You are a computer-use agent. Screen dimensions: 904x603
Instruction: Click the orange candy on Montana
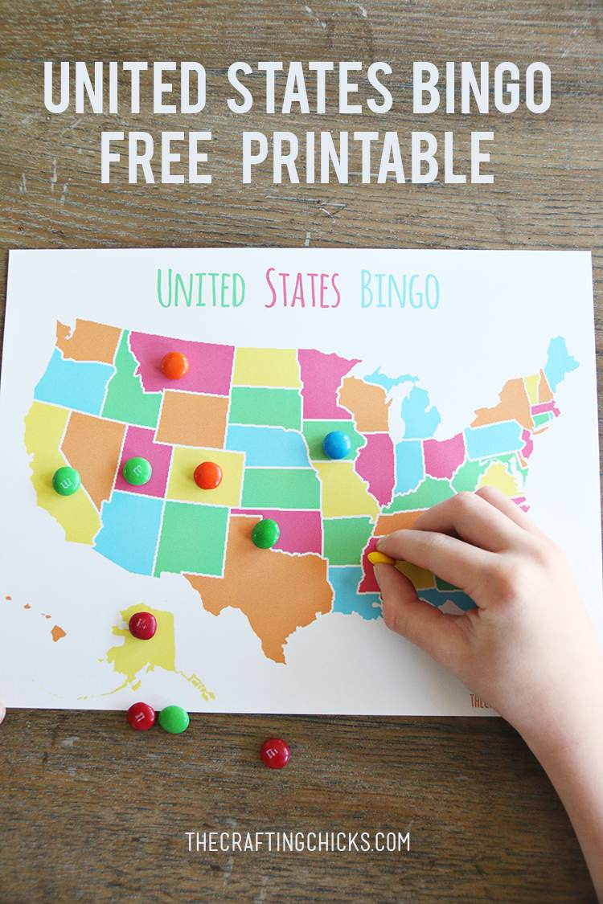[174, 366]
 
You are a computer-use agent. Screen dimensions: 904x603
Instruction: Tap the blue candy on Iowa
[336, 444]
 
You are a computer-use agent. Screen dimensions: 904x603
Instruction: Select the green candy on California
[66, 481]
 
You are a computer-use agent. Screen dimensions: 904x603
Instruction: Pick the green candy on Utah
[137, 471]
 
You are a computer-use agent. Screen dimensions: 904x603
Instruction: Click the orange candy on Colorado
[207, 475]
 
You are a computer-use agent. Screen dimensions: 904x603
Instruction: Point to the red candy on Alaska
[143, 625]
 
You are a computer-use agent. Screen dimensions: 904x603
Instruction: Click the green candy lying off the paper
[174, 719]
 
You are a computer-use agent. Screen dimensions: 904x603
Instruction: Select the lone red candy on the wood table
[275, 753]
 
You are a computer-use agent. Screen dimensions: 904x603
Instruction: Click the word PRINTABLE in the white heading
[367, 157]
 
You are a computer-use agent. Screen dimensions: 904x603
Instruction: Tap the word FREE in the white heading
[156, 157]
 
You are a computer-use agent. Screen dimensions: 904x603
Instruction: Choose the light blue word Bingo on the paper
[400, 290]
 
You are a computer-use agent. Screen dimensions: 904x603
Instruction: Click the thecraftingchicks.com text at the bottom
[297, 841]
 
